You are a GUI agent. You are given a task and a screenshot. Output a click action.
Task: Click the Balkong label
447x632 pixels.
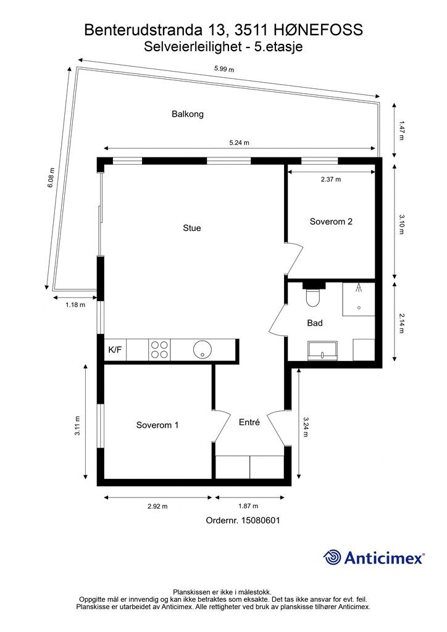point(188,114)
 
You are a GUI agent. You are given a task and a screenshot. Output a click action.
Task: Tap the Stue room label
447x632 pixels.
point(192,228)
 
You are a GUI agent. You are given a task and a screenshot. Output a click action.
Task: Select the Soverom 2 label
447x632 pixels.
point(331,222)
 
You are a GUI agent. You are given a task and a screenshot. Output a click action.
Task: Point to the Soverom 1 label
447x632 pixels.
point(157,425)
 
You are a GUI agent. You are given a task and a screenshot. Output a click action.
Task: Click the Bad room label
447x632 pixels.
point(315,323)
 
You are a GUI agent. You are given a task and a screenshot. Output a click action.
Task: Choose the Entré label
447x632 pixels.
point(249,422)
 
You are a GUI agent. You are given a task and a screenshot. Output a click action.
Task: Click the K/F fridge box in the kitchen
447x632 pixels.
point(115,350)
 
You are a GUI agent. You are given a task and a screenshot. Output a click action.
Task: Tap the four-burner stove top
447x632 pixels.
point(159,350)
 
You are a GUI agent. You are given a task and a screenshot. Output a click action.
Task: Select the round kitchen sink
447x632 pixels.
point(203,350)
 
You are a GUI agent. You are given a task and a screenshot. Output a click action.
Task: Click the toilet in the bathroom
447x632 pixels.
point(313,296)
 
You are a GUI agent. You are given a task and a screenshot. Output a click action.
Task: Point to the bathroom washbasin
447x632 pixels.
point(322,350)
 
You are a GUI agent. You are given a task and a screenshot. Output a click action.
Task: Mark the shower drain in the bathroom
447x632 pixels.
point(358,308)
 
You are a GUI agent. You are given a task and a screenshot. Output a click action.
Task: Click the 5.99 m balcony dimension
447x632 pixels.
point(224,69)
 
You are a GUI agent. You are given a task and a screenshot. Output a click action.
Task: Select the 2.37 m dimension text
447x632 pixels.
point(331,180)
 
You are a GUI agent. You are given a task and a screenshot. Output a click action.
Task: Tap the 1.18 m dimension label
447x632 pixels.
point(75,305)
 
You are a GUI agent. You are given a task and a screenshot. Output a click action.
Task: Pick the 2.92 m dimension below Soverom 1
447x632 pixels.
point(157,506)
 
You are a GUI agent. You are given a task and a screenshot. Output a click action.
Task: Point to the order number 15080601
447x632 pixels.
point(261,520)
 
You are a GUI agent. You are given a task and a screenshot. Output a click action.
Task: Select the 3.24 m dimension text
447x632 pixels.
point(305,427)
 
